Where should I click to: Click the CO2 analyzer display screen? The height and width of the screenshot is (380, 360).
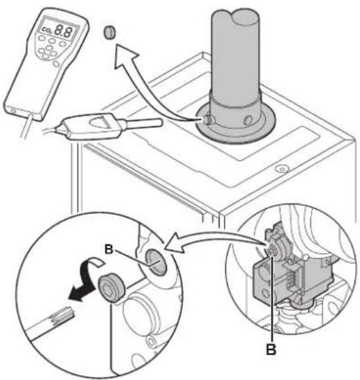pyautogui.click(x=58, y=29)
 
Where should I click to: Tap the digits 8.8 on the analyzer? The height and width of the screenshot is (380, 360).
pyautogui.click(x=64, y=30)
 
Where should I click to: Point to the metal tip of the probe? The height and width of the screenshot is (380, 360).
pyautogui.click(x=143, y=123)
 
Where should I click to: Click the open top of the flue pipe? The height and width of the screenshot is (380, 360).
pyautogui.click(x=235, y=17)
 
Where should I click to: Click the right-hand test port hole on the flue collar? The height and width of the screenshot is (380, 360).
pyautogui.click(x=248, y=120)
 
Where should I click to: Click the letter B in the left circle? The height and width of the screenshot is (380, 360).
pyautogui.click(x=109, y=249)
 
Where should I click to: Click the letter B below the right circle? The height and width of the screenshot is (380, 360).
pyautogui.click(x=271, y=350)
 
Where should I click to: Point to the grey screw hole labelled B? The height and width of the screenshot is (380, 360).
pyautogui.click(x=156, y=262)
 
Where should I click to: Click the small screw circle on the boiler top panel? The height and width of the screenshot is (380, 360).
pyautogui.click(x=282, y=168)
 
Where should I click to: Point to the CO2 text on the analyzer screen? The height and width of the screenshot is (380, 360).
pyautogui.click(x=46, y=30)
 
